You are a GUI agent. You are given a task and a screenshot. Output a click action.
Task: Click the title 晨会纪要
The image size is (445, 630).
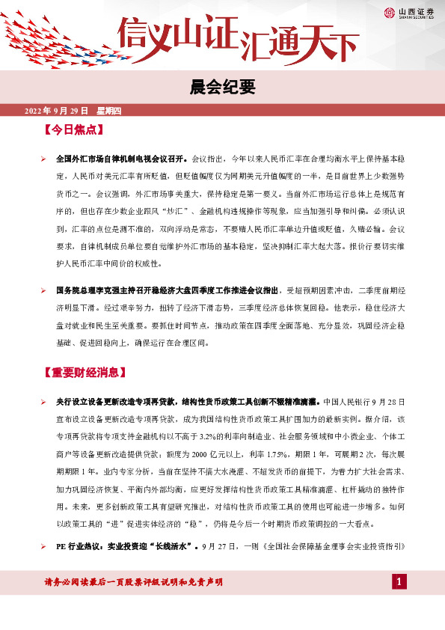(222, 88)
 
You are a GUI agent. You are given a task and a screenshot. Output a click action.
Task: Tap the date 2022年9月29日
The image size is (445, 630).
(57, 111)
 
